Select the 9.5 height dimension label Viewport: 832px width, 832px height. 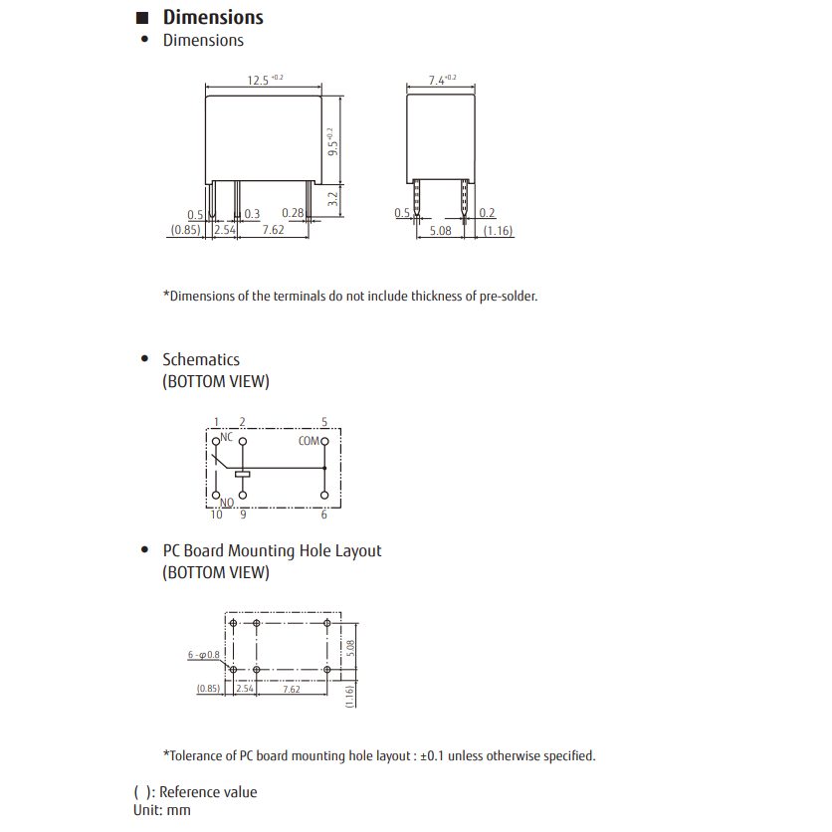pyautogui.click(x=333, y=141)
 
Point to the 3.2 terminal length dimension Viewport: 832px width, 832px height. pyautogui.click(x=333, y=198)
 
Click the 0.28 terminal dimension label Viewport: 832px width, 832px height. pyautogui.click(x=293, y=213)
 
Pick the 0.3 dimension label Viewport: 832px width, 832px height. pyautogui.click(x=252, y=214)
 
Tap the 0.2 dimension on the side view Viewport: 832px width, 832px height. pyautogui.click(x=487, y=213)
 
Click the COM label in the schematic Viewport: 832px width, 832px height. pyautogui.click(x=309, y=440)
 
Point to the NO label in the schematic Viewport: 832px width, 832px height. pyautogui.click(x=226, y=503)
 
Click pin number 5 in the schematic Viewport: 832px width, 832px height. pyautogui.click(x=324, y=423)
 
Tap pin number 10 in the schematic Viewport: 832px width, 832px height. pyautogui.click(x=216, y=515)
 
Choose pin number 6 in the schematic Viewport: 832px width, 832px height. pyautogui.click(x=324, y=515)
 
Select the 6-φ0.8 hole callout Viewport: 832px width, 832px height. pyautogui.click(x=203, y=655)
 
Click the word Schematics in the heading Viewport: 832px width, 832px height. pyautogui.click(x=201, y=359)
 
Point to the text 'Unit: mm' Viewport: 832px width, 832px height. pyautogui.click(x=162, y=810)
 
